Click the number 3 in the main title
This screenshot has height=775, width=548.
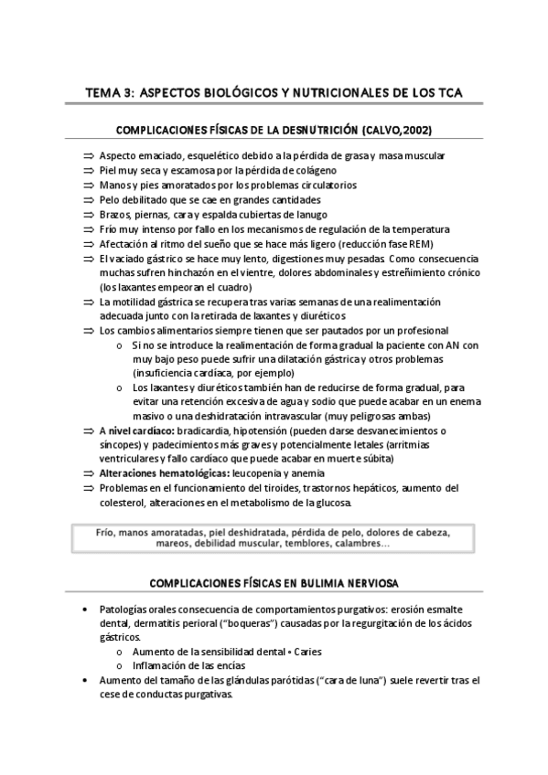[x=132, y=92]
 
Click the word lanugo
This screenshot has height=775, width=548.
[x=296, y=213]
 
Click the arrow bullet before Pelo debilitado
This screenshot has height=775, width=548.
[x=89, y=199]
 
